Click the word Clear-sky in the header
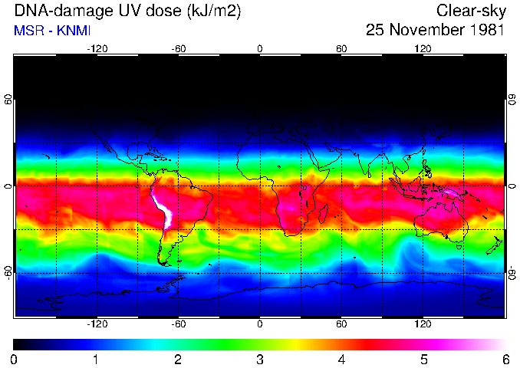pos(470,11)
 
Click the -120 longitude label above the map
pos(97,49)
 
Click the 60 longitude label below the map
pos(341,324)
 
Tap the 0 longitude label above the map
pos(260,49)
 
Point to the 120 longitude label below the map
pos(423,324)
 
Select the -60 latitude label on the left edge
pos(8,271)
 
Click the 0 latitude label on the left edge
pos(8,186)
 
